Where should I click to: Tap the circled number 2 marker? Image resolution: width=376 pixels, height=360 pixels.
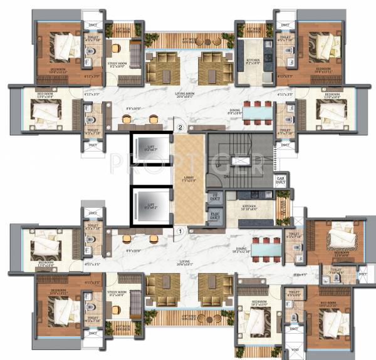(180, 128)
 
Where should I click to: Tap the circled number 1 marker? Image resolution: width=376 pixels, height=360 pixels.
(180, 230)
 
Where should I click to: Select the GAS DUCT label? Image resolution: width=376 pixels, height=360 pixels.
(281, 180)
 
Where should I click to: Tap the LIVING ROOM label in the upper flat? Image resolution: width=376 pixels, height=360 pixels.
(185, 94)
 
